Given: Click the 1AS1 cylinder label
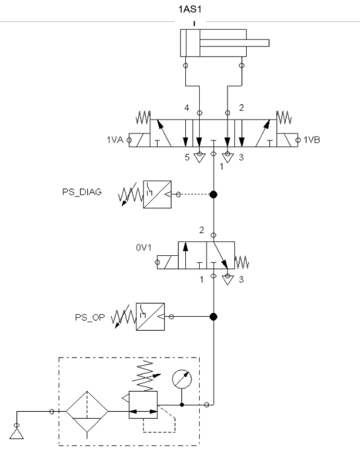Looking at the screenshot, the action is click(x=190, y=9).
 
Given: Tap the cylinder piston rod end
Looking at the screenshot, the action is click(x=268, y=43).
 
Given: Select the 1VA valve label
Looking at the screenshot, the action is click(x=115, y=140).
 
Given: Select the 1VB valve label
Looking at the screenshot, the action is click(x=312, y=140).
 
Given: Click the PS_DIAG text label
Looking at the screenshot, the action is click(x=82, y=192).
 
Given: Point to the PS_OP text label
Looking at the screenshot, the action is click(x=90, y=317).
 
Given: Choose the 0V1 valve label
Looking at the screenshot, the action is click(x=144, y=248).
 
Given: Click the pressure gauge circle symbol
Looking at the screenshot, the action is click(x=182, y=379).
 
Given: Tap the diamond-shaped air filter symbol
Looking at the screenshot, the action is click(x=87, y=411).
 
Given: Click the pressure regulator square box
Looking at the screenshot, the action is click(x=143, y=405).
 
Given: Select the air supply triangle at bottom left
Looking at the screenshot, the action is click(x=16, y=434).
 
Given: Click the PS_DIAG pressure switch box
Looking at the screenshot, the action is click(x=157, y=194).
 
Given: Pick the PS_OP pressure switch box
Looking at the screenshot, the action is click(x=150, y=317).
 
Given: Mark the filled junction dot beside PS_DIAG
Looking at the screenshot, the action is click(x=214, y=194).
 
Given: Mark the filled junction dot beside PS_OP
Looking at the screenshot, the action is click(x=214, y=317).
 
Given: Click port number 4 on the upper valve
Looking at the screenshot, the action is click(x=187, y=107).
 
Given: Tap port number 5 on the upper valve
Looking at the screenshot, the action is click(x=187, y=157).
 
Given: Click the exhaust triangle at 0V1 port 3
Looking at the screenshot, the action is click(x=227, y=280).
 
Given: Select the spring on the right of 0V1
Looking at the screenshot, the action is click(x=242, y=262).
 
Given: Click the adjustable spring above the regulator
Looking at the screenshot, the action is click(x=146, y=376).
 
